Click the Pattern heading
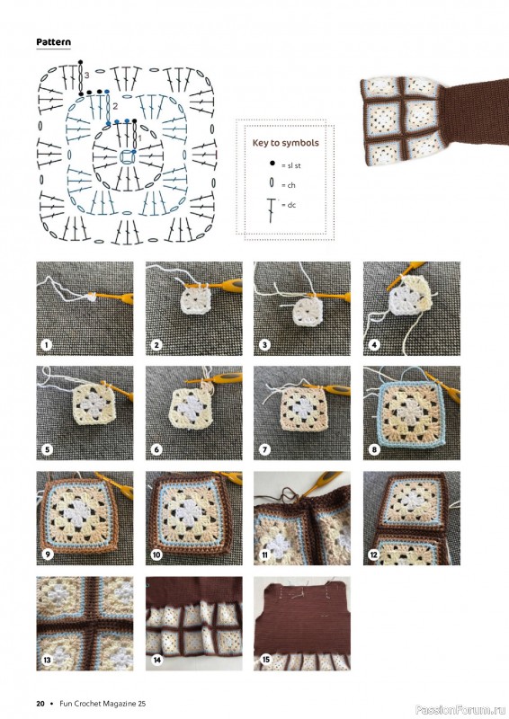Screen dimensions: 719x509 coord(54,42)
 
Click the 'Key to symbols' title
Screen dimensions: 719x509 coord(285,143)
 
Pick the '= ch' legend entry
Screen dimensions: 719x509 coord(283,185)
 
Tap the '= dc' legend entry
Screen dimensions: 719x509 coord(283,206)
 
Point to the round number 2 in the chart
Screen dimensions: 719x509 coord(116,106)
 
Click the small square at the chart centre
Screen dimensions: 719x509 coord(127,157)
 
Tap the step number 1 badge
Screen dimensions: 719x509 coord(46,344)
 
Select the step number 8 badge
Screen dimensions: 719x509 coord(372,449)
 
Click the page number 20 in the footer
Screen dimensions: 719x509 coord(40,703)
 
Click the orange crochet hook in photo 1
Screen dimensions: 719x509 coord(112,293)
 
